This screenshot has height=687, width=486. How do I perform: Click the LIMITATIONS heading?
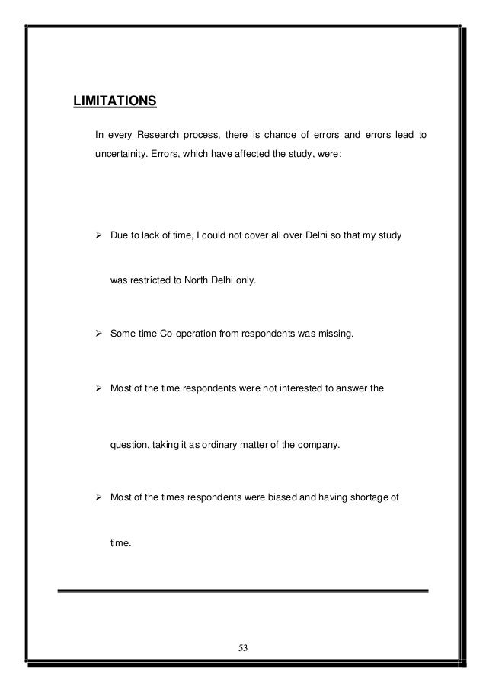coord(114,101)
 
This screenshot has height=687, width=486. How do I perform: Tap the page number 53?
coord(243,647)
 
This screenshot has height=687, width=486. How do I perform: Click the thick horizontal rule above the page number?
coord(243,590)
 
